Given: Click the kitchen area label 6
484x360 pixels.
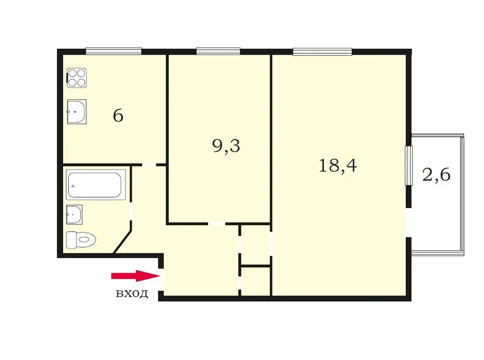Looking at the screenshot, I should coord(118,115).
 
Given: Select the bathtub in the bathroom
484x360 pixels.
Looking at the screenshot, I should coord(97,184).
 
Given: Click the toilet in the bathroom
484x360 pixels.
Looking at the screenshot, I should coord(81,238).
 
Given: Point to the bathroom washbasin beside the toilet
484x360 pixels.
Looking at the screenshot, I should coord(74,214).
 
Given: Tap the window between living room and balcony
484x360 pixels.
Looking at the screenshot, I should coord(409,164).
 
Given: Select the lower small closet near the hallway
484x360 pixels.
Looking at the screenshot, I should coord(256,281).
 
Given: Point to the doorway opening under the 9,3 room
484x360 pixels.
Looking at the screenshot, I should coord(217,223).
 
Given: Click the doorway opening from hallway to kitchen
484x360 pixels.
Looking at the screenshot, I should coord(145,164).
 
